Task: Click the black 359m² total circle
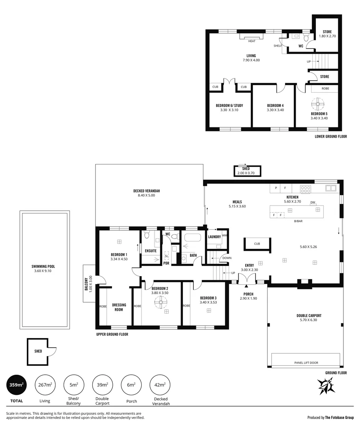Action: [x=17, y=385]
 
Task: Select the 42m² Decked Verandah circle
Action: [x=160, y=385]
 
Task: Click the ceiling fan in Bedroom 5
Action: [x=317, y=106]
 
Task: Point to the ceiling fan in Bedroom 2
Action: [x=160, y=302]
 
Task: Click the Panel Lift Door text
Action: [x=306, y=362]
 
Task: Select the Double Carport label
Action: [x=309, y=316]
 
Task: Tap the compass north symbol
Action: [x=326, y=385]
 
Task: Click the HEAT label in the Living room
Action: [x=252, y=41]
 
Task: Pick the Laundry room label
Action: [x=214, y=237]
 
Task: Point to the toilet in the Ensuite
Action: [x=147, y=236]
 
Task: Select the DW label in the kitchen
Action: [x=312, y=203]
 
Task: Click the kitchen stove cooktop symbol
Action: [x=305, y=189]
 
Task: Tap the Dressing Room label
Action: [x=119, y=307]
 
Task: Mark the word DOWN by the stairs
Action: [x=227, y=258]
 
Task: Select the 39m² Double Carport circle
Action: [x=103, y=385]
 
